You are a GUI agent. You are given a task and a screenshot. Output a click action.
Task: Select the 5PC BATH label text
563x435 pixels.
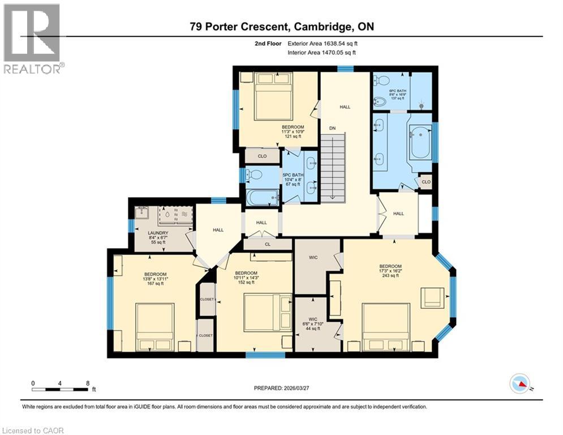pos(293,178)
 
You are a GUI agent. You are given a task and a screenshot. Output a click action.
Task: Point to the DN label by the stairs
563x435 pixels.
pos(333,129)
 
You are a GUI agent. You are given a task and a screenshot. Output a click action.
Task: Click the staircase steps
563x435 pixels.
pos(332,167)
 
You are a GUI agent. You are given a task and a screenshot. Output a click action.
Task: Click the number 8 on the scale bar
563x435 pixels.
pos(88,383)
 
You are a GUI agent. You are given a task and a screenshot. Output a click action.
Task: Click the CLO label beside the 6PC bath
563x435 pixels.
pos(425,182)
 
